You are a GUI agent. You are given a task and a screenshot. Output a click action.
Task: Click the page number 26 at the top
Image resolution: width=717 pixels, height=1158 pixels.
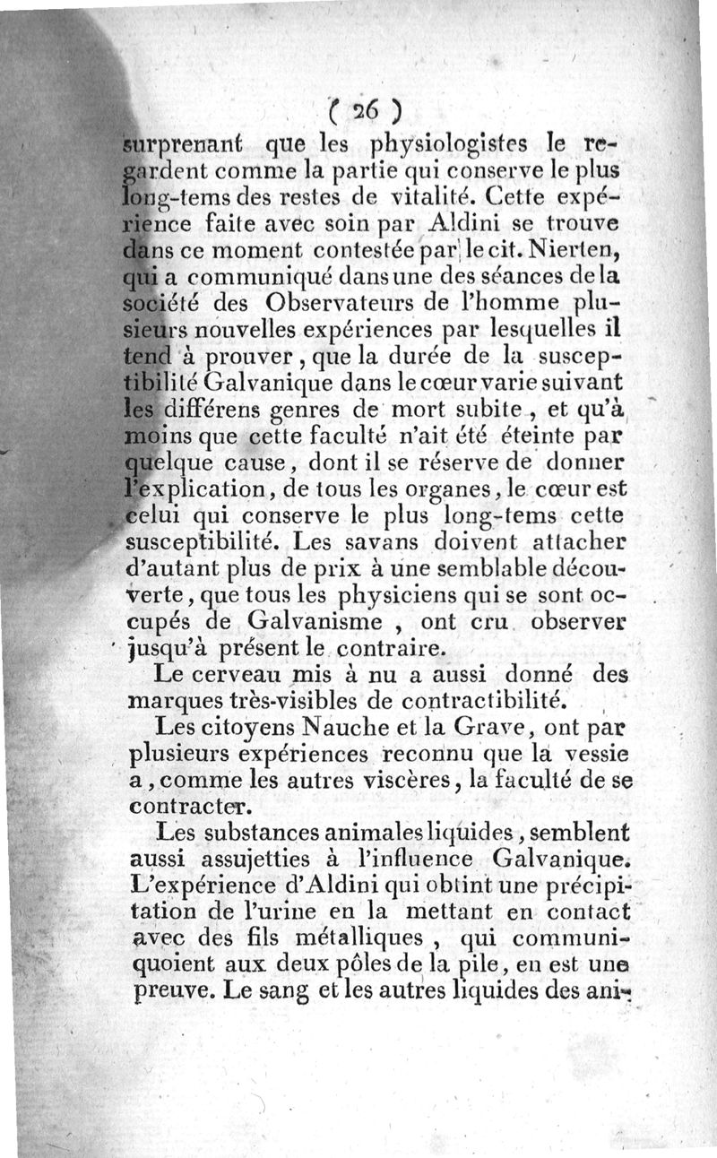(363, 111)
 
